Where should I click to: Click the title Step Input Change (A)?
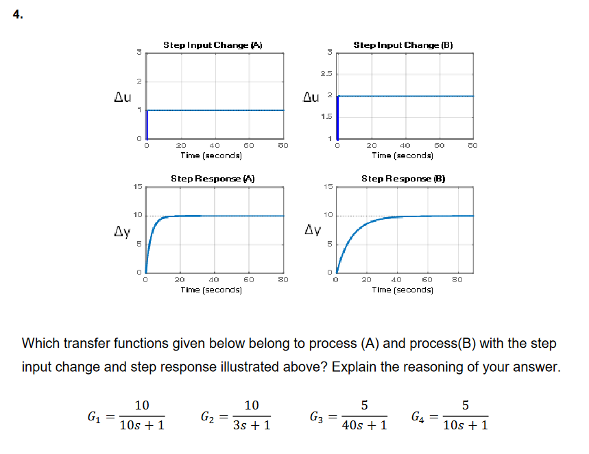(x=213, y=45)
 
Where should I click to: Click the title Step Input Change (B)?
(x=403, y=45)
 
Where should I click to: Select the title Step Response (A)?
(x=213, y=178)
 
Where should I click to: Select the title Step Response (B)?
(x=404, y=178)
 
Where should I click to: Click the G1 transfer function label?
(x=95, y=416)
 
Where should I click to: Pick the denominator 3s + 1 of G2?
(x=252, y=425)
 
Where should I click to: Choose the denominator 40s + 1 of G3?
(x=364, y=425)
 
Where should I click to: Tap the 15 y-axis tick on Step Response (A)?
(x=137, y=186)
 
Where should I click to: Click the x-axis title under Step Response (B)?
(x=402, y=289)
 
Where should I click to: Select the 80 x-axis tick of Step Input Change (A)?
(x=283, y=145)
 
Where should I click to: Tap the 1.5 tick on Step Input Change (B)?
(x=326, y=117)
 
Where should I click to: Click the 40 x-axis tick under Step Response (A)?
(x=213, y=279)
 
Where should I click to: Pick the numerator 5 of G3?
(x=364, y=405)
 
